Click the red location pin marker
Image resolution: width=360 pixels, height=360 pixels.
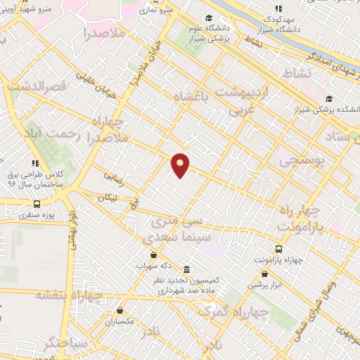(x=180, y=165)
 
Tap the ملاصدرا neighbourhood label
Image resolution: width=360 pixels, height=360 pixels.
(x=103, y=32)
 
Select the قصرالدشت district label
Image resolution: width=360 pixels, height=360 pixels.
(x=36, y=86)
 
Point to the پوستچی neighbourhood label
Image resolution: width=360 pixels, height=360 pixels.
(x=303, y=161)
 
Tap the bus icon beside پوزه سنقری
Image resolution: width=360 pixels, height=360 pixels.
(x=37, y=204)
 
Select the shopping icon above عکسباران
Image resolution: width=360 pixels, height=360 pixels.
(x=120, y=310)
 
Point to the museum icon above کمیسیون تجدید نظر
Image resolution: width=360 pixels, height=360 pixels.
(x=186, y=269)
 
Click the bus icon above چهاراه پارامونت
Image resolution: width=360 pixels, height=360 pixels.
(x=279, y=248)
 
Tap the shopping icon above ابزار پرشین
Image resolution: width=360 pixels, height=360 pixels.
(x=264, y=274)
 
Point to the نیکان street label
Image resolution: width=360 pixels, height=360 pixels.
(x=107, y=198)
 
